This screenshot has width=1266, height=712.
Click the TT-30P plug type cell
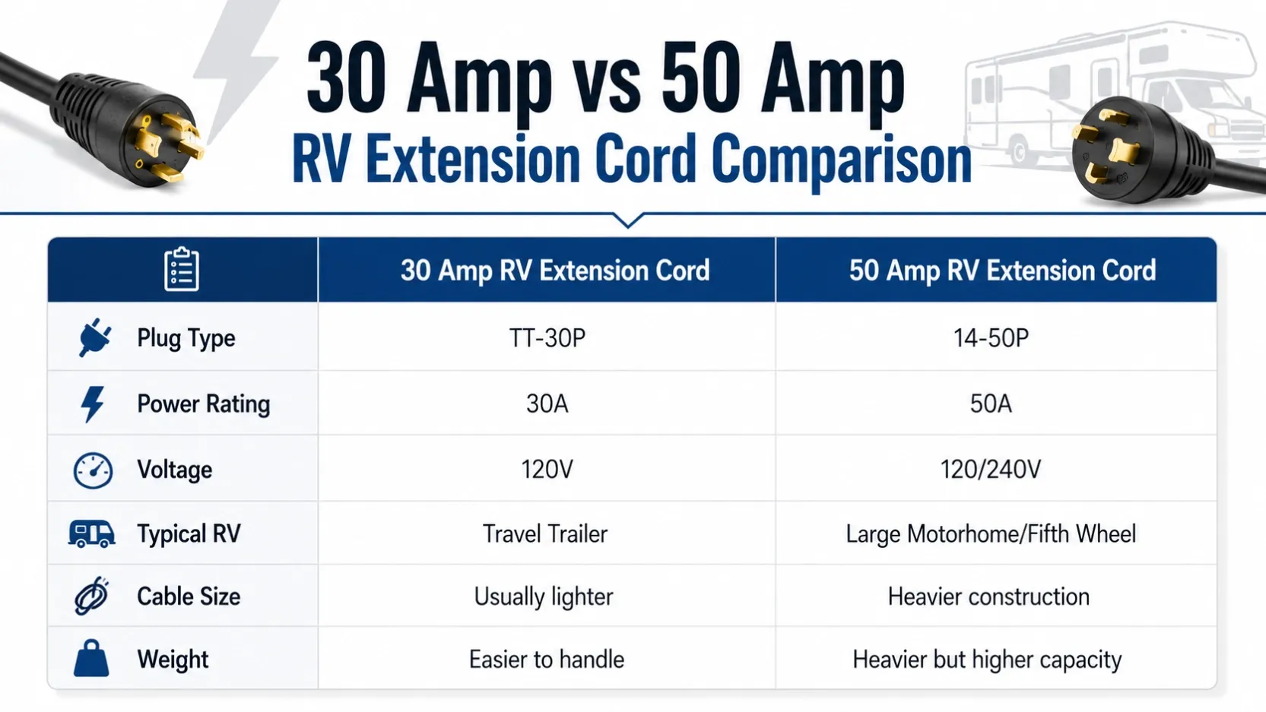point(547,337)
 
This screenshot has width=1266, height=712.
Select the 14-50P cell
point(991,337)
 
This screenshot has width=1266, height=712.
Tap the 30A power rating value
point(547,403)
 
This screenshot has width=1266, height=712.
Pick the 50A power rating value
point(991,403)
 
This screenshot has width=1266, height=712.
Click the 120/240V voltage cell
point(991,469)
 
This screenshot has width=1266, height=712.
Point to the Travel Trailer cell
point(545,533)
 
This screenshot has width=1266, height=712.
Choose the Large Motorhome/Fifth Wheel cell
point(991,534)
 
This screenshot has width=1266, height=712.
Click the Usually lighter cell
point(544,596)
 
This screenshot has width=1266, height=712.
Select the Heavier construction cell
point(988,596)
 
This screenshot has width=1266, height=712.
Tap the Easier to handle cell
point(547,660)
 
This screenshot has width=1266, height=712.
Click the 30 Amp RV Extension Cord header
point(555,270)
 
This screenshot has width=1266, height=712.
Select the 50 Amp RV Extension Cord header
point(1003,270)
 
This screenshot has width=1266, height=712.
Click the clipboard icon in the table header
point(182,269)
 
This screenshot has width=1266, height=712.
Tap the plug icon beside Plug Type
point(94,337)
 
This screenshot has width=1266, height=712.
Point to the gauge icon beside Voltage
point(93,470)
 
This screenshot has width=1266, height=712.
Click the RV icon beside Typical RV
point(91,533)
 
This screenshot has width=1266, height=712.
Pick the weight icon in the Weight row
point(91,658)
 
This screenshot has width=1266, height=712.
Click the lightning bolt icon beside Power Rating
point(92,404)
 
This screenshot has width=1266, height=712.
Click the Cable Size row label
point(189,596)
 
